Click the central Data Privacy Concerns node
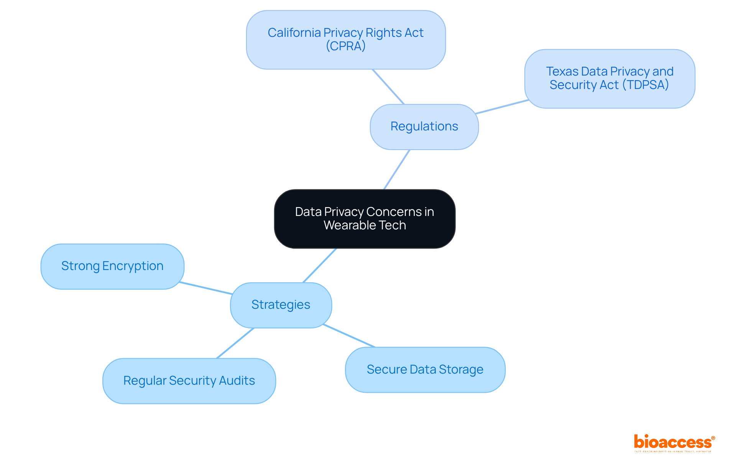tap(365, 219)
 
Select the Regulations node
tap(424, 127)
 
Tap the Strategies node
tap(281, 305)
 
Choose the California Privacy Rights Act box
tap(345, 40)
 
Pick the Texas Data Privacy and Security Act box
tap(609, 78)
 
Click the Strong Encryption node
tap(112, 266)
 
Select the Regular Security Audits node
tap(189, 380)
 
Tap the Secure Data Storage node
tap(425, 369)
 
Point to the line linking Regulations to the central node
tap(397, 169)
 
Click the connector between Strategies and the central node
tap(320, 265)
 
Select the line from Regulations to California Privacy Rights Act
tap(388, 87)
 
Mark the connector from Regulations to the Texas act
tap(502, 107)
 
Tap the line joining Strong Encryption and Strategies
tap(206, 288)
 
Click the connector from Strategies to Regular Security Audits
tap(235, 343)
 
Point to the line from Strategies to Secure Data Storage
tap(349, 336)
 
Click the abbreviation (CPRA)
tap(345, 46)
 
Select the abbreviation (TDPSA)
tap(645, 85)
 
